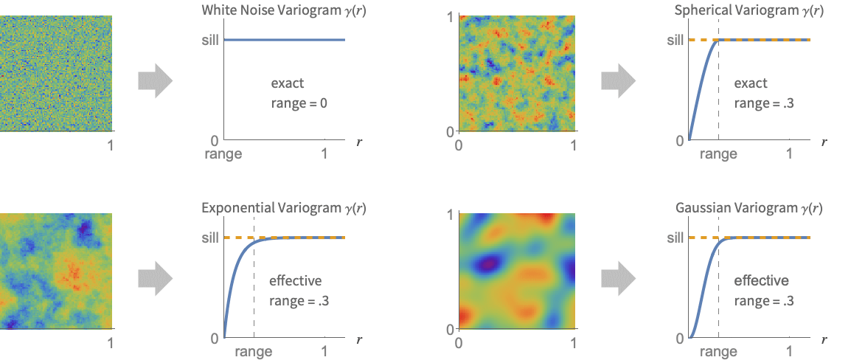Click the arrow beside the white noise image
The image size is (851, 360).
(155, 80)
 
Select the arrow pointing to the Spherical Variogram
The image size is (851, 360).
(618, 80)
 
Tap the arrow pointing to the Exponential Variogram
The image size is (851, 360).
(155, 278)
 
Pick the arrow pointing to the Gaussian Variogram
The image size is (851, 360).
(618, 278)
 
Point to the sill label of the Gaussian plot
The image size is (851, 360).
(675, 238)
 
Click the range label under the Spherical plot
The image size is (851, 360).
(718, 154)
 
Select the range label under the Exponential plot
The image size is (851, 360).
(254, 352)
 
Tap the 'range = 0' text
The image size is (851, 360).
(299, 103)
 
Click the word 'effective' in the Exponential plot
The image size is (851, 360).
(295, 281)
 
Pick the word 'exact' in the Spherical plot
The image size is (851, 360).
(751, 83)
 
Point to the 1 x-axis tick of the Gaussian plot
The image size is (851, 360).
(789, 352)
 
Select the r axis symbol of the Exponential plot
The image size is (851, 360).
(358, 340)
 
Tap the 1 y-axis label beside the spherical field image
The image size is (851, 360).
(450, 17)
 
